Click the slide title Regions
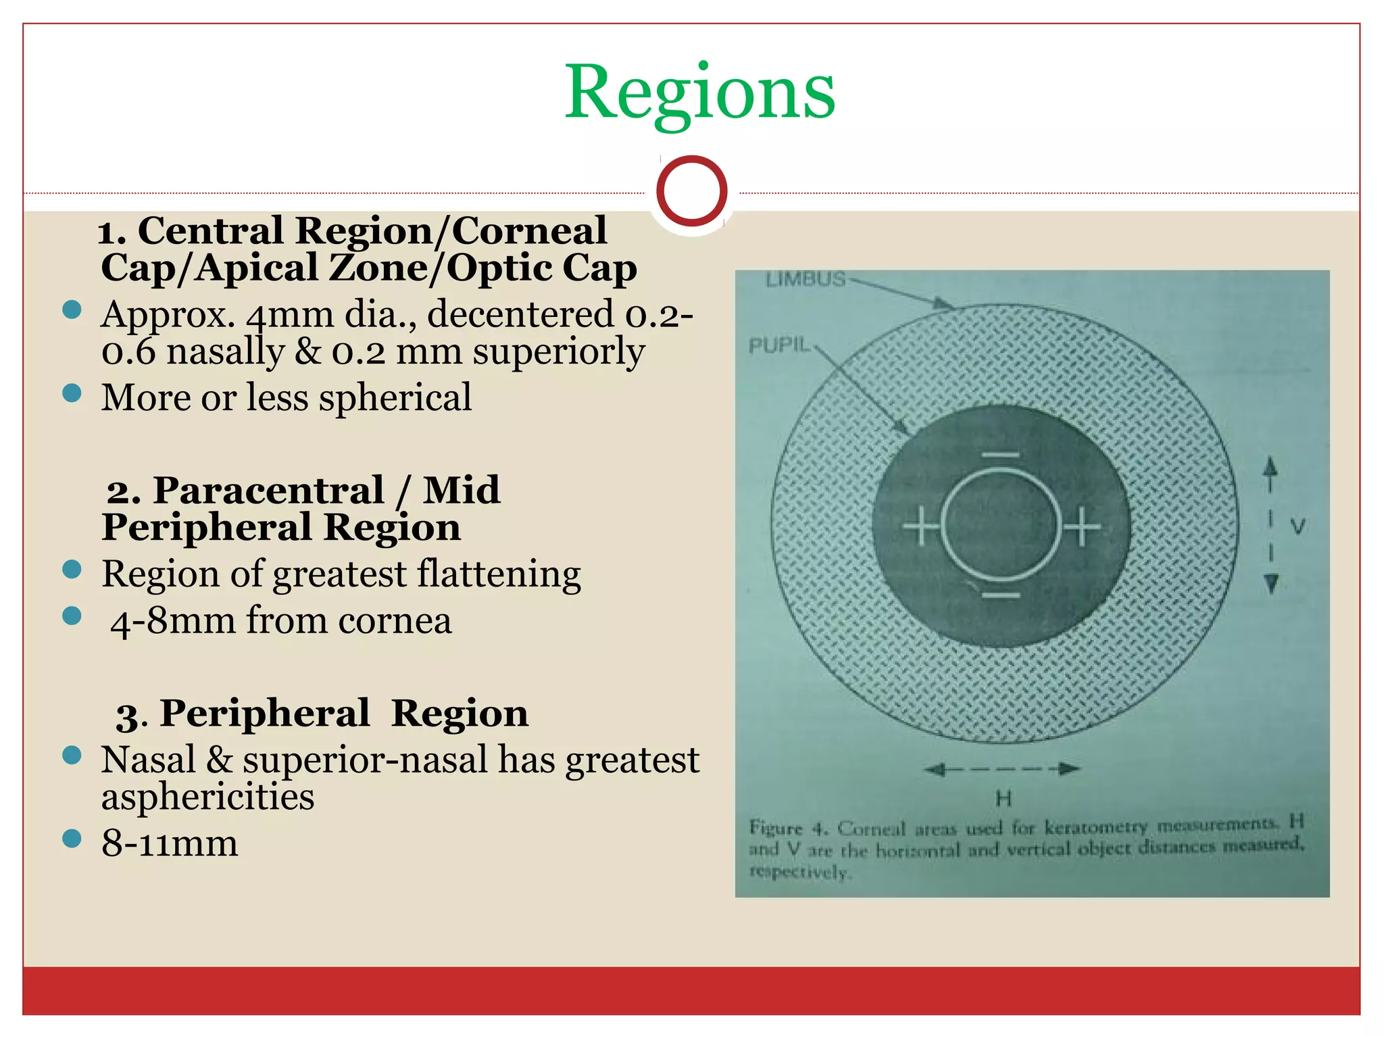tap(699, 93)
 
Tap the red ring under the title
tap(691, 191)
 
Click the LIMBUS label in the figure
tap(806, 279)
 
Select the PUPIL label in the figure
tap(779, 345)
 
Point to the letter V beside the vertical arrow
tap(1297, 526)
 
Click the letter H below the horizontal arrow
tap(1004, 799)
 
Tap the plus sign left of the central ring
tap(920, 526)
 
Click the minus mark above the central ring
tap(1000, 455)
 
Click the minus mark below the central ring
tap(1000, 596)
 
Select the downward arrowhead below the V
tap(1270, 583)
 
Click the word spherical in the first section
tap(395, 398)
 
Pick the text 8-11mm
tap(170, 843)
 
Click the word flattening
tap(499, 574)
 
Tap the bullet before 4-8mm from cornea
tap(72, 616)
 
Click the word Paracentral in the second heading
tap(268, 491)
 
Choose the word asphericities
tap(207, 797)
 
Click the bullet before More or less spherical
tap(72, 393)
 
